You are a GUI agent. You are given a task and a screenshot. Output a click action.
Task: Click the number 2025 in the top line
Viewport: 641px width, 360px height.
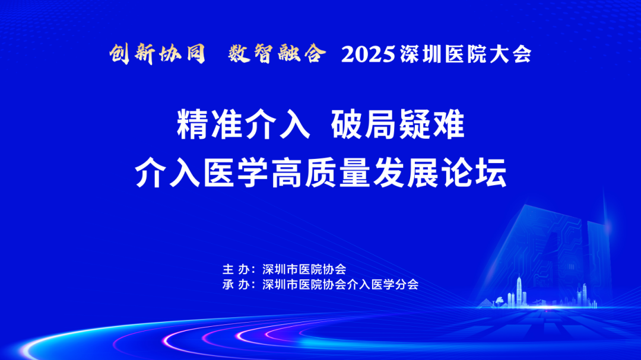click(x=369, y=55)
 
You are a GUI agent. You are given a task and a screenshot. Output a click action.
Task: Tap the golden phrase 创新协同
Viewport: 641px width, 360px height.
click(x=157, y=53)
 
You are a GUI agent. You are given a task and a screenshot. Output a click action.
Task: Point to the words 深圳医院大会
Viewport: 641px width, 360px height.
click(x=466, y=55)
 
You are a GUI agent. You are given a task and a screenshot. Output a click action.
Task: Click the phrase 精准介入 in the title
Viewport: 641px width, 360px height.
click(x=243, y=124)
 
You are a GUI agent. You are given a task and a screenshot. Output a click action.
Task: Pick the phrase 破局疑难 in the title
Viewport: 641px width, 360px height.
click(x=398, y=124)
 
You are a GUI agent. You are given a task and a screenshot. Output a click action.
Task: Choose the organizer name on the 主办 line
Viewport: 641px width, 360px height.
click(x=304, y=269)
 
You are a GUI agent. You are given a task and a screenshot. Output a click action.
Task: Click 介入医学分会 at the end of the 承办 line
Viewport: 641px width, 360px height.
click(x=383, y=285)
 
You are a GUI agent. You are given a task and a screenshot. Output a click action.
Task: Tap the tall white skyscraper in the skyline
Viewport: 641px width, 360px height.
click(x=519, y=291)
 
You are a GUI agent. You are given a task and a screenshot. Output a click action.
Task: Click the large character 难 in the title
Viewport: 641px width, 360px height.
click(x=449, y=124)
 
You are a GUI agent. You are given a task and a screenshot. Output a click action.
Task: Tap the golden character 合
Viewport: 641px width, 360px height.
click(x=315, y=53)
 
